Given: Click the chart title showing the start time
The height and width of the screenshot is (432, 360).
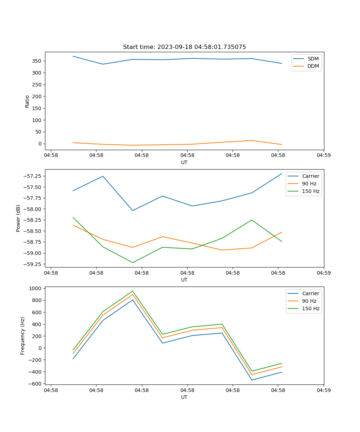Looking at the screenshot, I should click(x=184, y=47).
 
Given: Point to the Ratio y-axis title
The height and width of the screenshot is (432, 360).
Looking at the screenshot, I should click(x=27, y=101).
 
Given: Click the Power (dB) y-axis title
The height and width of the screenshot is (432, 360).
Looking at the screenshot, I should click(x=18, y=218).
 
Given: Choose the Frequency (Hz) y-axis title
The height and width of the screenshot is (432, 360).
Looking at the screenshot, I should click(x=23, y=336).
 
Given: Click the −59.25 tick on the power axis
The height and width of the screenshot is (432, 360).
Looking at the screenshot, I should click(x=32, y=264).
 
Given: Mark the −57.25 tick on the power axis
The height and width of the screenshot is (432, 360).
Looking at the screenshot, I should click(x=32, y=176).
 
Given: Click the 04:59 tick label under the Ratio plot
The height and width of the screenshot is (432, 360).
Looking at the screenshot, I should click(x=323, y=156).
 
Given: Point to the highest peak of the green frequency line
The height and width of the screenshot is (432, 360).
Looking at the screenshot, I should click(x=132, y=291).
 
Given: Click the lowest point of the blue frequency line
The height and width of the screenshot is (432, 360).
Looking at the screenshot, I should click(x=252, y=380).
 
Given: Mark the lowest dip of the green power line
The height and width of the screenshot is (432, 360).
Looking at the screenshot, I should click(x=132, y=262).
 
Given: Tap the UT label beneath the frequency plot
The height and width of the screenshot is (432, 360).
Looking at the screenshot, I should click(x=184, y=397).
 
